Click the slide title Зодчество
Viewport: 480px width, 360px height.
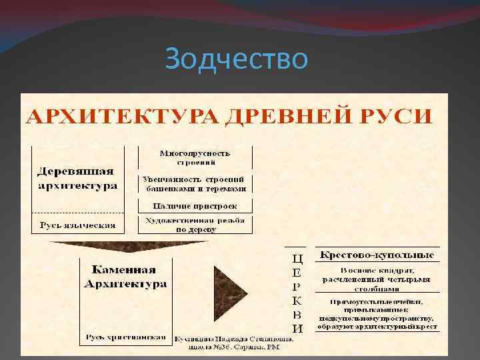click(237, 59)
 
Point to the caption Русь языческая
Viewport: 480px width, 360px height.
click(77, 225)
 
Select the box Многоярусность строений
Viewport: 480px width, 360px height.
click(195, 157)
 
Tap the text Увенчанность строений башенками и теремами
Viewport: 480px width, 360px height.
click(195, 183)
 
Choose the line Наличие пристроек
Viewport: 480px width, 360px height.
click(195, 206)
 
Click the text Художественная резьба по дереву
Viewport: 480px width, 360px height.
click(195, 225)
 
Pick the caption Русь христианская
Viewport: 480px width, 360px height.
click(125, 337)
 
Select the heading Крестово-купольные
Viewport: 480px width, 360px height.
click(377, 255)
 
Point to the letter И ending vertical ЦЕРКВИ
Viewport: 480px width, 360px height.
click(298, 328)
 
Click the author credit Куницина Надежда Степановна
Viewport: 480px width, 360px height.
click(233, 341)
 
